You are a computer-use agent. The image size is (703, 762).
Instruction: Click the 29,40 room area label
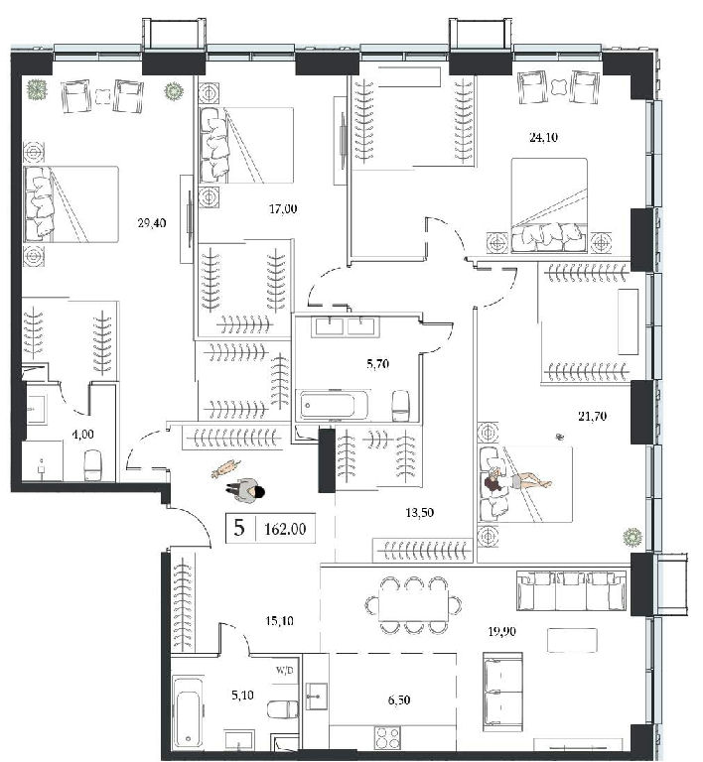(152, 223)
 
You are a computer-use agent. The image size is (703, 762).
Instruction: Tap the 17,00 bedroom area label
(283, 209)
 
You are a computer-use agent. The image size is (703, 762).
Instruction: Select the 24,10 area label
(543, 138)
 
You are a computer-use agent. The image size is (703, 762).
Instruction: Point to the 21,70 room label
(592, 416)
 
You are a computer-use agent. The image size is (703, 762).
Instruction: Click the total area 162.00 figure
(285, 529)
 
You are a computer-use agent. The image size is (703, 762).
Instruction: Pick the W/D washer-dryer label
(285, 671)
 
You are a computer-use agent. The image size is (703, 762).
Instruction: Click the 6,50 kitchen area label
(398, 699)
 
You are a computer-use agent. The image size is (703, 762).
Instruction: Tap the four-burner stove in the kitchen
(387, 737)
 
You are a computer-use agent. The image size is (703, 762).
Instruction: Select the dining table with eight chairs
(414, 605)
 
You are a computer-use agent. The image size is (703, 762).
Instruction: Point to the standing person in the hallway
(245, 491)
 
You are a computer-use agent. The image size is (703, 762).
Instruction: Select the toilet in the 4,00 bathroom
(92, 465)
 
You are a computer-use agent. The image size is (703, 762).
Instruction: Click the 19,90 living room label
(501, 631)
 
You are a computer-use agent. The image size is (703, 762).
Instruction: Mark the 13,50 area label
(420, 513)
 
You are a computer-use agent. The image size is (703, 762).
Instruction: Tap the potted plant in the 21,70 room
(633, 538)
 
